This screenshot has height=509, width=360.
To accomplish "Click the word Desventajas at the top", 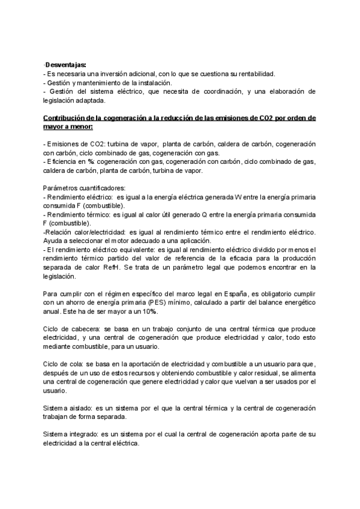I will click(66, 64).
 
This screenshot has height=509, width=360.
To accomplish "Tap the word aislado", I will click(86, 408).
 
